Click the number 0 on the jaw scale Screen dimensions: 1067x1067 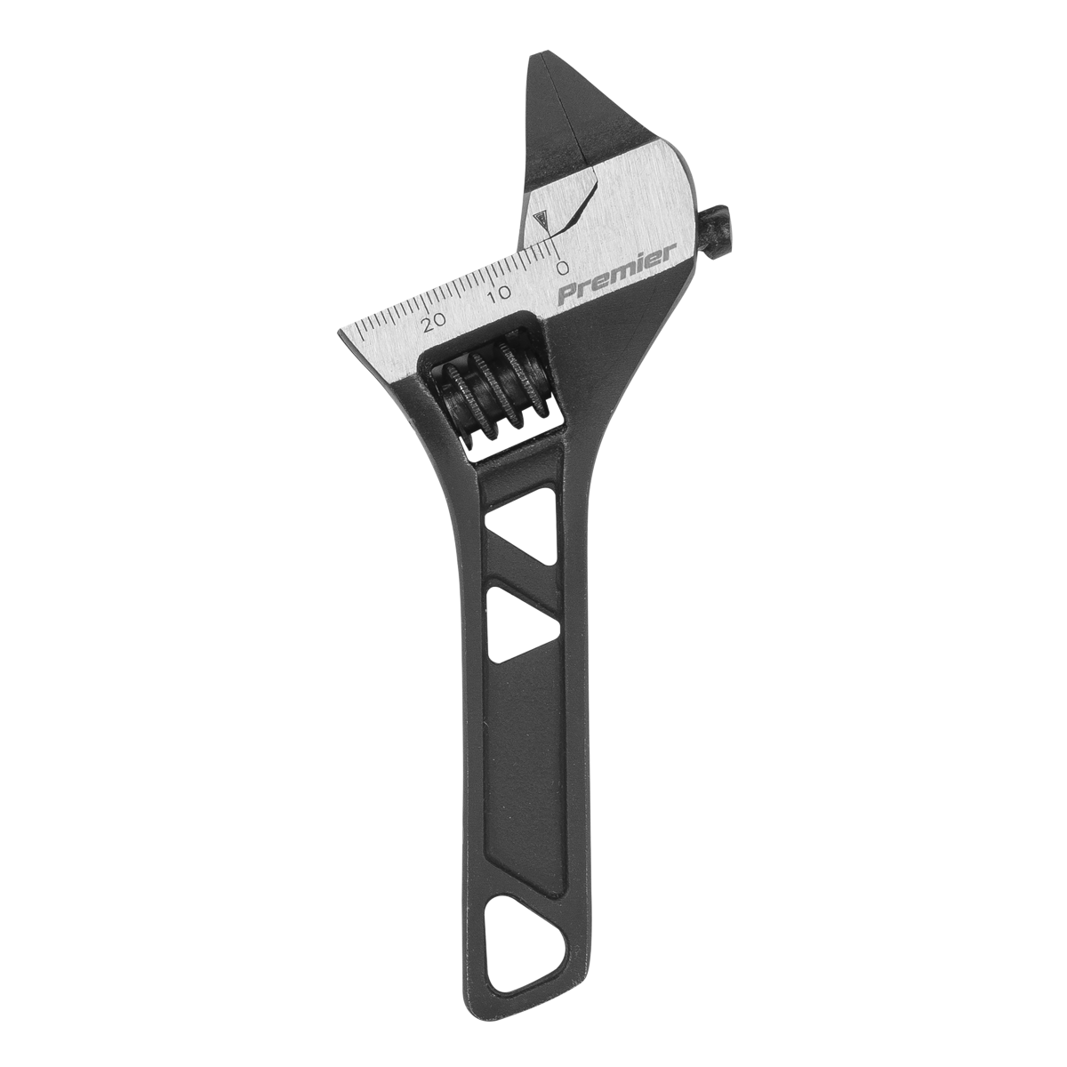[561, 266]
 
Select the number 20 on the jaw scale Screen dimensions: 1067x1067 [435, 322]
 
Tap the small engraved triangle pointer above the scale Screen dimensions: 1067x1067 [537, 220]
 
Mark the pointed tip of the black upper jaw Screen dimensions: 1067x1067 [537, 59]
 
